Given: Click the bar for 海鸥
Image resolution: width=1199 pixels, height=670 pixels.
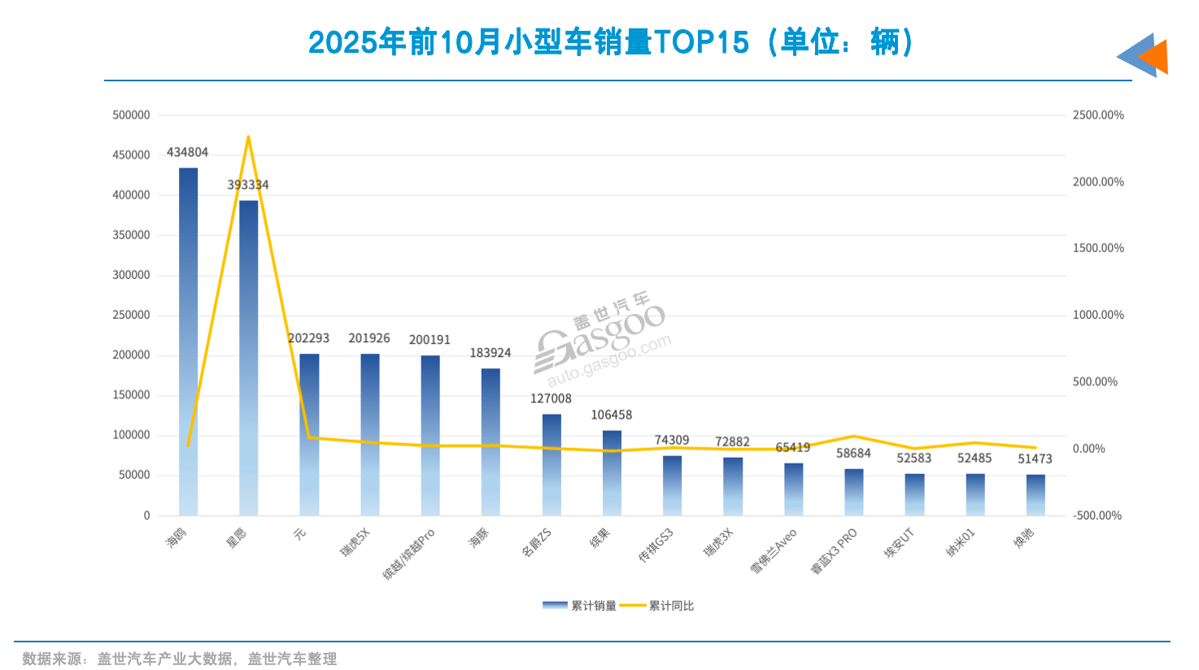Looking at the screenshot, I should click(188, 342).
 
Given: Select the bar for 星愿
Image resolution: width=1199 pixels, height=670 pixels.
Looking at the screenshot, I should click(248, 358).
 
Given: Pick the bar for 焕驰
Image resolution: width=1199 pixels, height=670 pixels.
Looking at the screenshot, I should click(1035, 495).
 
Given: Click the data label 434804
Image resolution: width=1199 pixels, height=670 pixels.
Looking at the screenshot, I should click(187, 152).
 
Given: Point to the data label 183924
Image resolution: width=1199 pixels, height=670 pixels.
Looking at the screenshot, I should click(490, 353).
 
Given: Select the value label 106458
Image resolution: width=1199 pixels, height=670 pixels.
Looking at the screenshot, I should click(612, 415).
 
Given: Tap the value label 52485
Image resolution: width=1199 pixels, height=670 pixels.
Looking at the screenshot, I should click(974, 458).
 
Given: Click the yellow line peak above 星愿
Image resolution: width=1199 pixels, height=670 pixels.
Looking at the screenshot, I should click(248, 137).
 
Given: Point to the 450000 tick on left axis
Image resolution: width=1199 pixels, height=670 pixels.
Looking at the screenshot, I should click(131, 155).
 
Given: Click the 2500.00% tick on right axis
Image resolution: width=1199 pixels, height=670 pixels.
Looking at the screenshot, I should click(1098, 115).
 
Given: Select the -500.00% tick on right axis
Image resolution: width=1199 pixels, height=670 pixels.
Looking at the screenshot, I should click(1097, 516).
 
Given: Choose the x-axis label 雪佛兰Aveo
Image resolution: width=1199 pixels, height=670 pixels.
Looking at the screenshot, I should click(774, 551).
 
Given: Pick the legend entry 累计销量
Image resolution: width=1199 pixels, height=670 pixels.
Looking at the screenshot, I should click(579, 606).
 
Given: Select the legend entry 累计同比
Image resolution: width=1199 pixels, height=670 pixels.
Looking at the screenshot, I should click(657, 606).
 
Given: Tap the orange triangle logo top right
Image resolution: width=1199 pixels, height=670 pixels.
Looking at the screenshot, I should click(1155, 56).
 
